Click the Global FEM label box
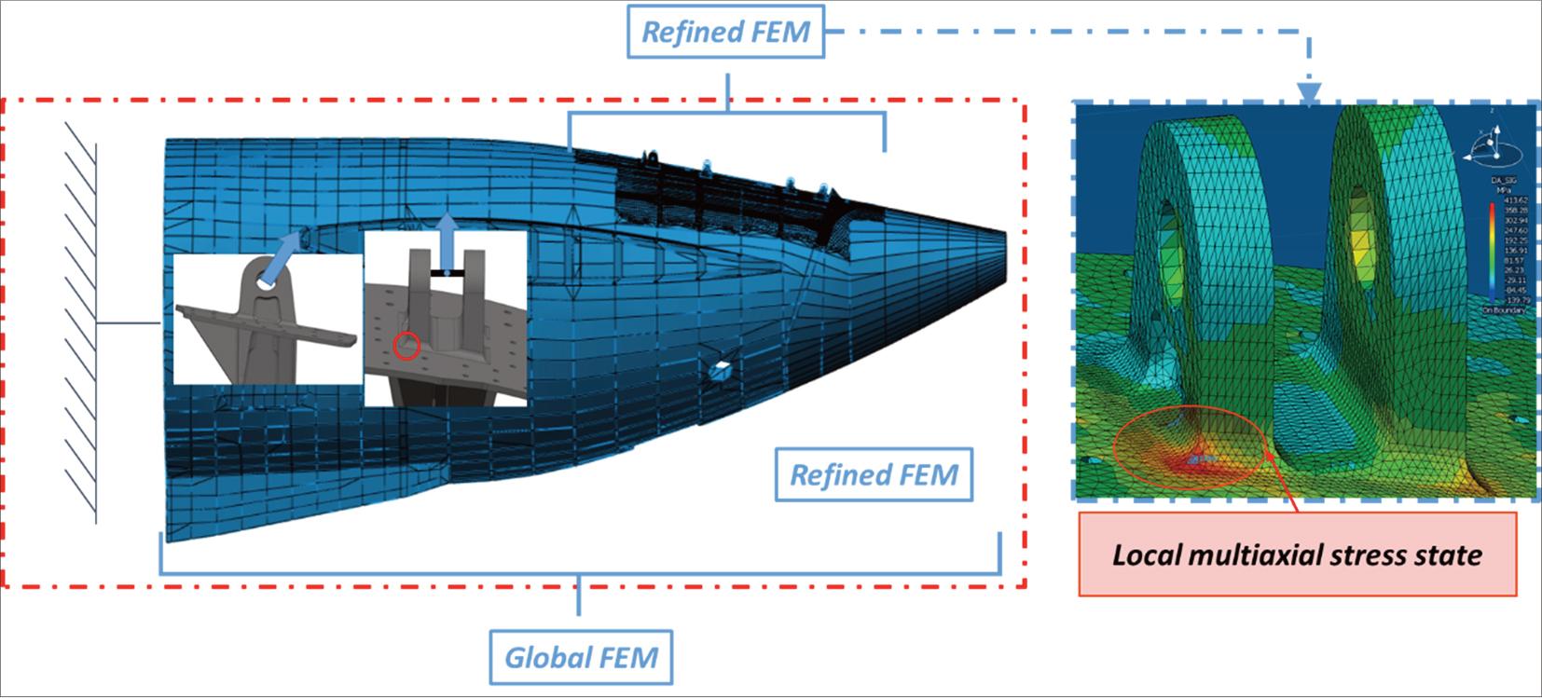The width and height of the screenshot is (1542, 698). (581, 657)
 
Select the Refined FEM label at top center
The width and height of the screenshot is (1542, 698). (725, 33)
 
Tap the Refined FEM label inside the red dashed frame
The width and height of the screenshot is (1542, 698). (874, 475)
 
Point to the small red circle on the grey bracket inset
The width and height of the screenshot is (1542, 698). (406, 347)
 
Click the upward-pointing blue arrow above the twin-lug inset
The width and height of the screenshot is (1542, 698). (448, 241)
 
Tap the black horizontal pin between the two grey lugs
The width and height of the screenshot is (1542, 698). (447, 273)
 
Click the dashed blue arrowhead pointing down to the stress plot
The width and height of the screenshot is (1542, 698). (1309, 93)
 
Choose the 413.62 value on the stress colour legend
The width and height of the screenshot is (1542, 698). (1515, 200)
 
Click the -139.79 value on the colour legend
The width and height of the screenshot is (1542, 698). (1515, 300)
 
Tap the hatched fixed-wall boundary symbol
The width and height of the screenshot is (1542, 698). (82, 322)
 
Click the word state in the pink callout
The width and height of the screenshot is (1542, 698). (1446, 556)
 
